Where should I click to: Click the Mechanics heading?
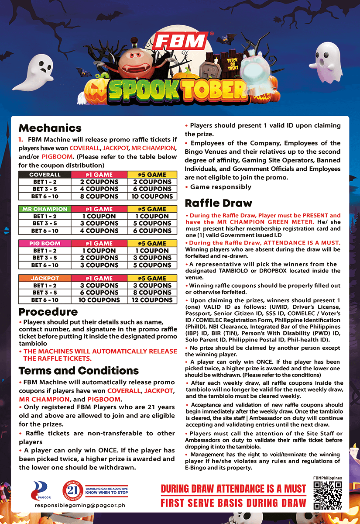click(x=50, y=128)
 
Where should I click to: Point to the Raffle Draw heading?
click(x=219, y=203)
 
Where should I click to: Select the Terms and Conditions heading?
click(x=79, y=371)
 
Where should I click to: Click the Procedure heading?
click(x=48, y=312)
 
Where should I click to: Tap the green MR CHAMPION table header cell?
click(x=45, y=209)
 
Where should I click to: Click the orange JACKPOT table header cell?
click(x=45, y=278)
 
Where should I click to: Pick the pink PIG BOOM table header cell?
click(x=45, y=244)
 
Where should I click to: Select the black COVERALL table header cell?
click(x=45, y=175)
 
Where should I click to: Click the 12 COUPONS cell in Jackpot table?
click(x=152, y=300)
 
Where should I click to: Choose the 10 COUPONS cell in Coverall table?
click(x=152, y=196)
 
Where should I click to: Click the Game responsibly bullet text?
click(x=221, y=187)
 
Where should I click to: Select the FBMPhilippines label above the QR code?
click(x=327, y=478)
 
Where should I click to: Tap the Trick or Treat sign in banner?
click(x=232, y=65)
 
